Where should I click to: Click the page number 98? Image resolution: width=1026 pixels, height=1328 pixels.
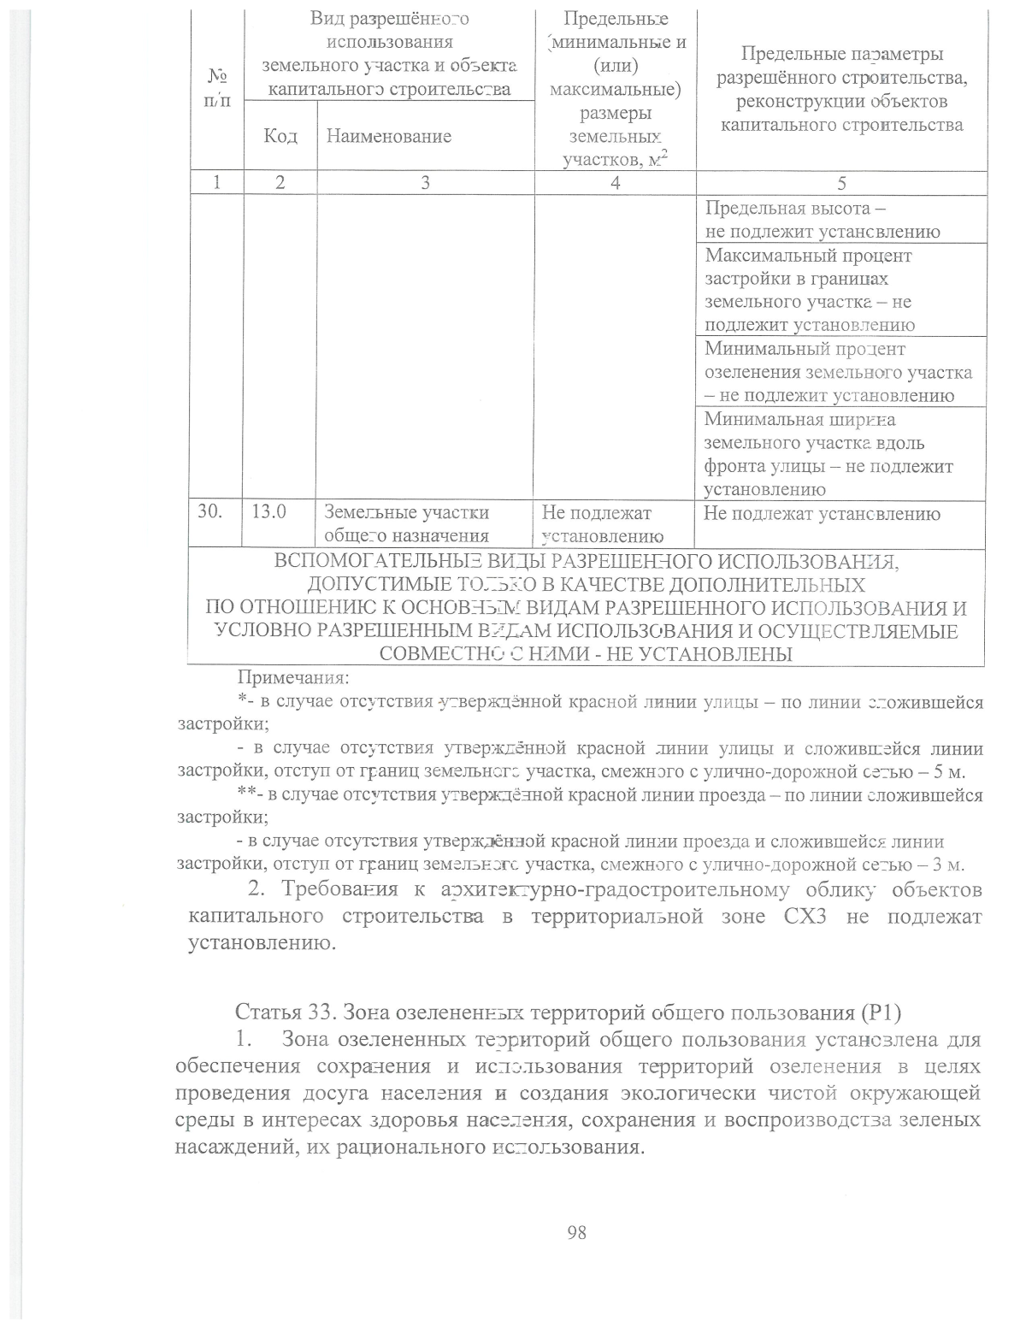576,1232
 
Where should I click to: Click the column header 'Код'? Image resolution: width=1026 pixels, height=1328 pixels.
280,136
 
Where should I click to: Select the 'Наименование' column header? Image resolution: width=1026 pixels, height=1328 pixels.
384,136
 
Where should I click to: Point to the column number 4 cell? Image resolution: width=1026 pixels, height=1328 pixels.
615,183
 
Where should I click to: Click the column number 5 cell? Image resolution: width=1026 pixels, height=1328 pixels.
841,183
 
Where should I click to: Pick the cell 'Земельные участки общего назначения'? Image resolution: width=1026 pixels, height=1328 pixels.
407,524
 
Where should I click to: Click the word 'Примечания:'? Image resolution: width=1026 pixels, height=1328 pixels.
292,679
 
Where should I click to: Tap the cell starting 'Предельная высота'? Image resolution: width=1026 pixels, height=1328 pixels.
823,220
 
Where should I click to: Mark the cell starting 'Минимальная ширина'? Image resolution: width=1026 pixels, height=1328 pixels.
828,454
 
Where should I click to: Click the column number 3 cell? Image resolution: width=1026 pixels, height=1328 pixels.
425,183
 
